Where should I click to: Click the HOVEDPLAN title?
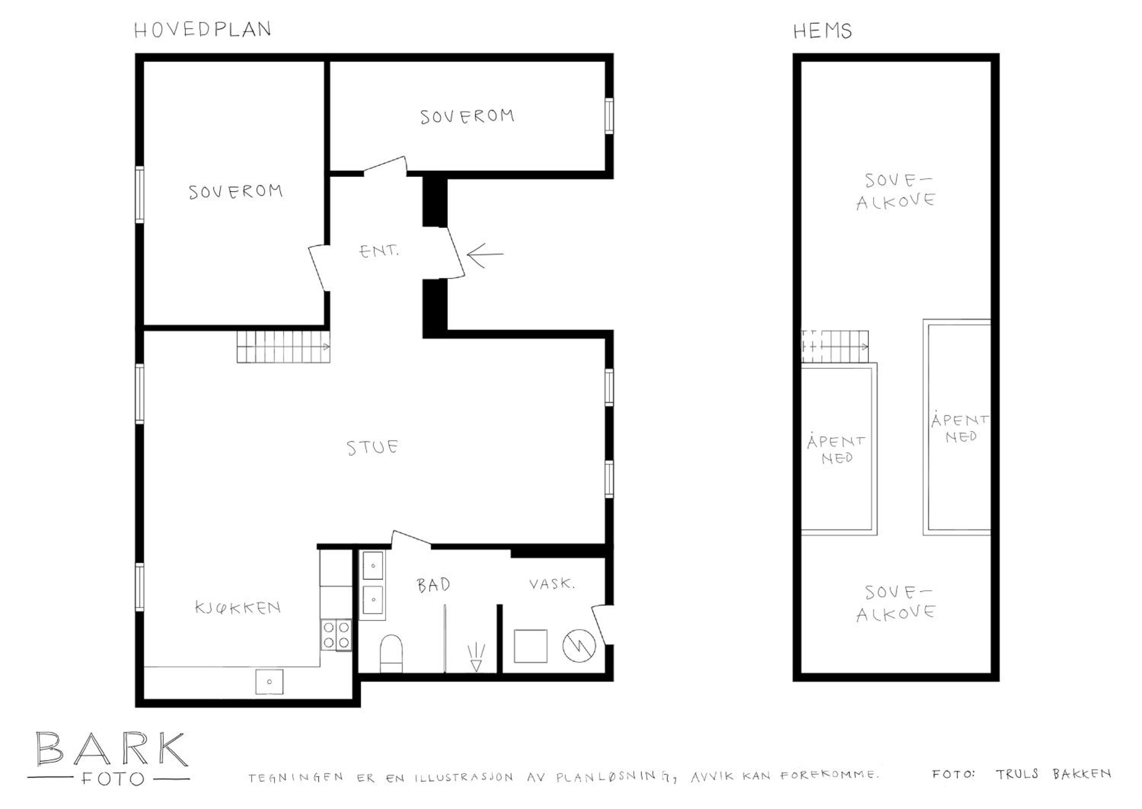coord(203,30)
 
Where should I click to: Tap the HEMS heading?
coord(822,31)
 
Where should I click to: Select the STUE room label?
coord(372,447)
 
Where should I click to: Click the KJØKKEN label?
coord(238,607)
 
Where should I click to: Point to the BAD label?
coord(433,585)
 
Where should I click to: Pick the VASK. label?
coord(552,584)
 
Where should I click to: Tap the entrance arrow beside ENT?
coord(485,255)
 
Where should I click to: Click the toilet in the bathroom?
coord(391,653)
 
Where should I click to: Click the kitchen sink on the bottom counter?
coord(269,681)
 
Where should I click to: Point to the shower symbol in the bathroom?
coord(476,657)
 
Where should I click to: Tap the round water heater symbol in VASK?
coord(579,646)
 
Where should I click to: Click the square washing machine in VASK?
coord(530,646)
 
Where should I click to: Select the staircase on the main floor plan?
coord(283,347)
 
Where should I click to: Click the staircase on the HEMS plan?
coord(834,347)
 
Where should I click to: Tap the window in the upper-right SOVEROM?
coord(609,115)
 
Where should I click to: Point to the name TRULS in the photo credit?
coord(1017,774)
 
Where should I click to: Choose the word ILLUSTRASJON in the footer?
coord(464,777)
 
